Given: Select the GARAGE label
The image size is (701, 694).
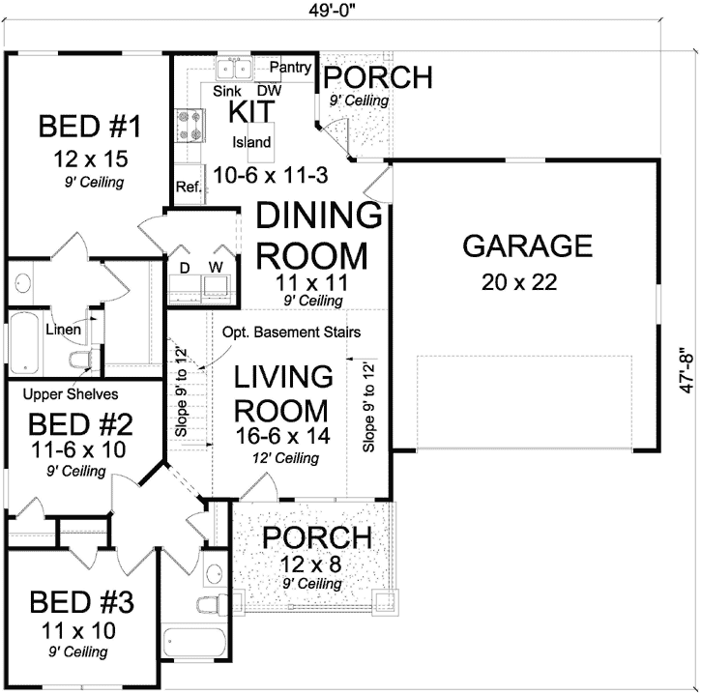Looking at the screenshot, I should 527,246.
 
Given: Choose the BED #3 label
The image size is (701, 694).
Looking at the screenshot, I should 80,602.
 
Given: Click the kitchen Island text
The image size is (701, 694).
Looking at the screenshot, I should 251,142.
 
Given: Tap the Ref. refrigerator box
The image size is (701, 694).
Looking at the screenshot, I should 188,188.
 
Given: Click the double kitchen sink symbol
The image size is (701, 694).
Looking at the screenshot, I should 233,69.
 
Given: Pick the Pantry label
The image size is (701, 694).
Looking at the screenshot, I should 290,68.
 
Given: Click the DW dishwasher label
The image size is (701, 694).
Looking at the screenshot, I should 268,90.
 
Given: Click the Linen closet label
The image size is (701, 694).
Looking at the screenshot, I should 63,330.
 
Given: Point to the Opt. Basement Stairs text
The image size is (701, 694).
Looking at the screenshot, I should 291,332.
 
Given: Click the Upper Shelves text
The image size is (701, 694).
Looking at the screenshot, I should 71,394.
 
